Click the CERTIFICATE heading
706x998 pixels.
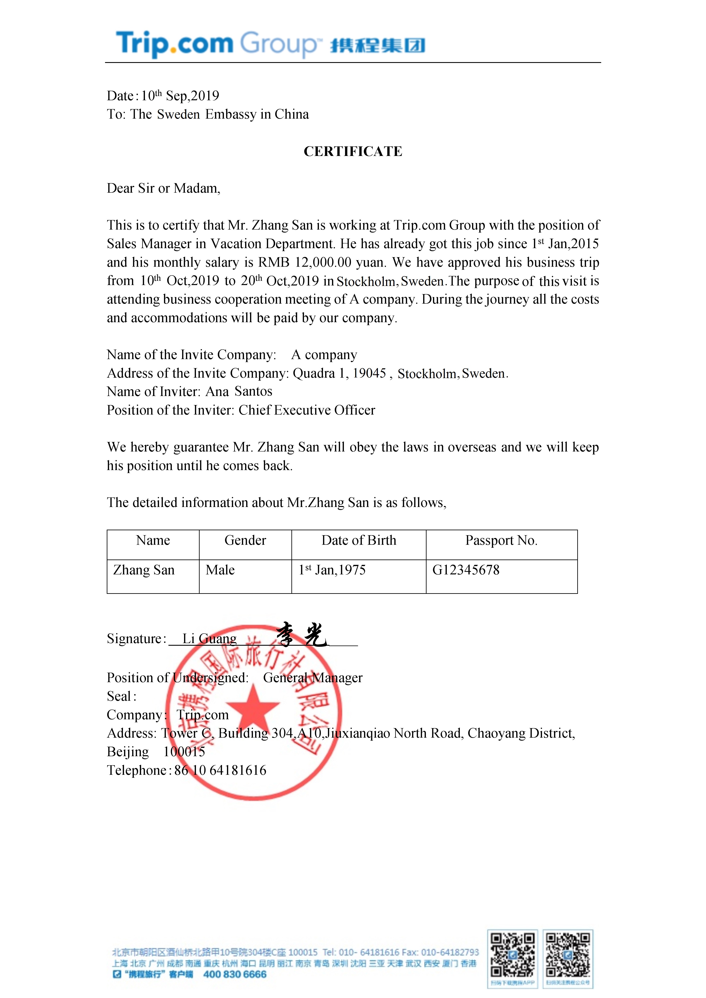[x=353, y=151]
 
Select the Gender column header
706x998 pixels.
[x=245, y=540]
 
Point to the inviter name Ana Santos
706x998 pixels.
[x=239, y=392]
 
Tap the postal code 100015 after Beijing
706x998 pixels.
[x=184, y=752]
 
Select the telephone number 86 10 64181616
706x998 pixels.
[x=220, y=770]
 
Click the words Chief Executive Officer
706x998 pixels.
[x=307, y=410]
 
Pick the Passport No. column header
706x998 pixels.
[x=501, y=540]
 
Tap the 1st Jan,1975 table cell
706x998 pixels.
[x=332, y=570]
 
